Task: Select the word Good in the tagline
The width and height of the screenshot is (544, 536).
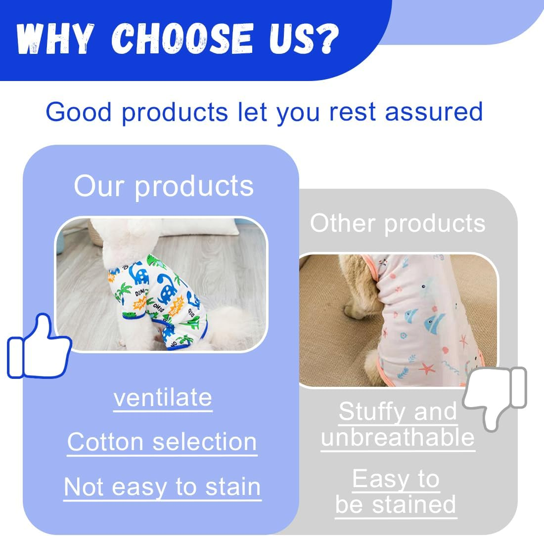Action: [x=79, y=112]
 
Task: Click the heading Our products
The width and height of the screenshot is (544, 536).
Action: [x=164, y=186]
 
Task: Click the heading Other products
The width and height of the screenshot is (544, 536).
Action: [x=398, y=223]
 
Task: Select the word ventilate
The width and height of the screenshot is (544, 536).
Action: [x=163, y=398]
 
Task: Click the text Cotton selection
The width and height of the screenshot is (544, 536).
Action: [x=162, y=442]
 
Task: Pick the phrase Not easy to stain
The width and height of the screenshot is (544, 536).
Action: [x=162, y=487]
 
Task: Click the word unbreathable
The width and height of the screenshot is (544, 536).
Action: [x=398, y=437]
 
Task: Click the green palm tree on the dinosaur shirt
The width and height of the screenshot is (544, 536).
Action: [x=124, y=291]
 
